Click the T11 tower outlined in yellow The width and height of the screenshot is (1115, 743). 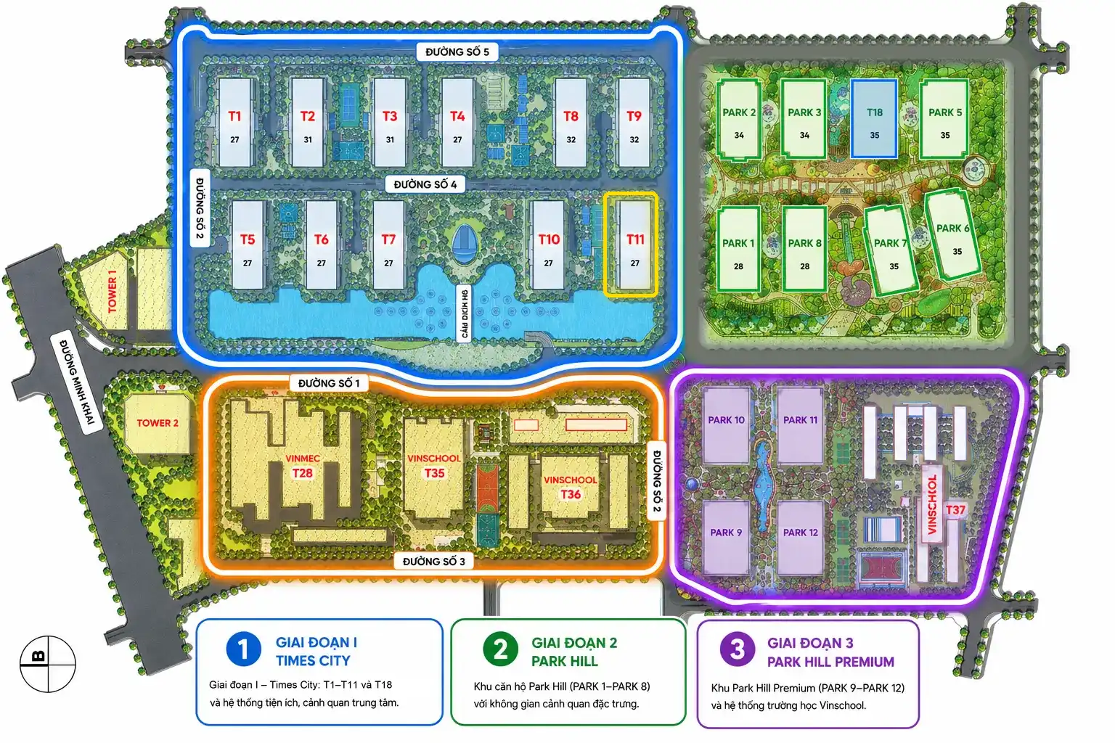[631, 245]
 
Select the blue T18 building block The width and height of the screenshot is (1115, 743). [874, 118]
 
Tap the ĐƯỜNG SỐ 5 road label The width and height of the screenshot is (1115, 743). [457, 52]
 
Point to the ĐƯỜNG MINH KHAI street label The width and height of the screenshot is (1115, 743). [77, 382]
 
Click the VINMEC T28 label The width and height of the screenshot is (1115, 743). [303, 466]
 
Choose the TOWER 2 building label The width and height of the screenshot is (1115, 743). [158, 423]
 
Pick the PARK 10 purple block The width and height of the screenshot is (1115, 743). [726, 426]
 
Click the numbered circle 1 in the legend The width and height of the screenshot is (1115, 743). [243, 649]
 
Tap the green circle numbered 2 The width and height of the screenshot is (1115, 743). [500, 649]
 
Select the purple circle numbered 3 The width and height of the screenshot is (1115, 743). [738, 649]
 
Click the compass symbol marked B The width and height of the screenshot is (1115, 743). [48, 664]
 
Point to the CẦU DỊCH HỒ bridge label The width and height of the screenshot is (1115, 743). [465, 314]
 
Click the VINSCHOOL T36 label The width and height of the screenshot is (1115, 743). [571, 487]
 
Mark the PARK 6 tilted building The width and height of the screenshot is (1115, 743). [952, 234]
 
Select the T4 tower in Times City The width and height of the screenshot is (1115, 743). [457, 123]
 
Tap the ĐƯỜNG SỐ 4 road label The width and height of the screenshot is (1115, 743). [425, 184]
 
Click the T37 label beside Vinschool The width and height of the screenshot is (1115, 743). [955, 510]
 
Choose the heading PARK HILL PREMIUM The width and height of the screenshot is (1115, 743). [830, 662]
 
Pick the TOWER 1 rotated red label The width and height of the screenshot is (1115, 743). [112, 291]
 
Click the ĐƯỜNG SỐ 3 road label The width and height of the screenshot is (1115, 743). [433, 562]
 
